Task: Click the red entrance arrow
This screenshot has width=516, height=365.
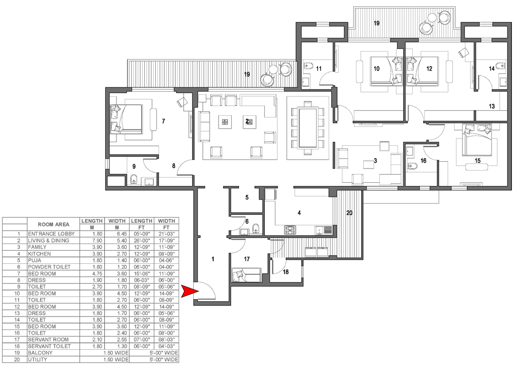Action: tap(190, 291)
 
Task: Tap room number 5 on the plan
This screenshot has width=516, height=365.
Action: tap(247, 198)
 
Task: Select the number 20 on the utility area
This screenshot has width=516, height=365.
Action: tap(349, 213)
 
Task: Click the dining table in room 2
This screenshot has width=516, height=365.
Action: tap(307, 127)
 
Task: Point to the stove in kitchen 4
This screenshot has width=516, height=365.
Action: tap(290, 230)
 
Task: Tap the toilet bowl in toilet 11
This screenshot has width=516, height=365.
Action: tap(308, 66)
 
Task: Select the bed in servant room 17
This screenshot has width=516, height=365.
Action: tap(246, 275)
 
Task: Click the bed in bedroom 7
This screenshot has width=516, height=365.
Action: tap(126, 119)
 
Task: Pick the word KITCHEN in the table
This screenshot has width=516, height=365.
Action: tap(39, 254)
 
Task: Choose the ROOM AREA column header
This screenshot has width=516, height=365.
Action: tap(53, 224)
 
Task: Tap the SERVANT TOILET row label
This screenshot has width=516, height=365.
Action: tap(49, 346)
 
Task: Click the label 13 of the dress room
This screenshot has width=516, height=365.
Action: tap(492, 106)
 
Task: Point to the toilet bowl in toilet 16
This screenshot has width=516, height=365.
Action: tap(412, 166)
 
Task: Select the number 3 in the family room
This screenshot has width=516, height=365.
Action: tap(375, 161)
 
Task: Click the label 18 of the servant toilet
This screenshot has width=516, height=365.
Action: tap(285, 272)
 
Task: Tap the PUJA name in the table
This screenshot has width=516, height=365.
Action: tap(35, 260)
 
